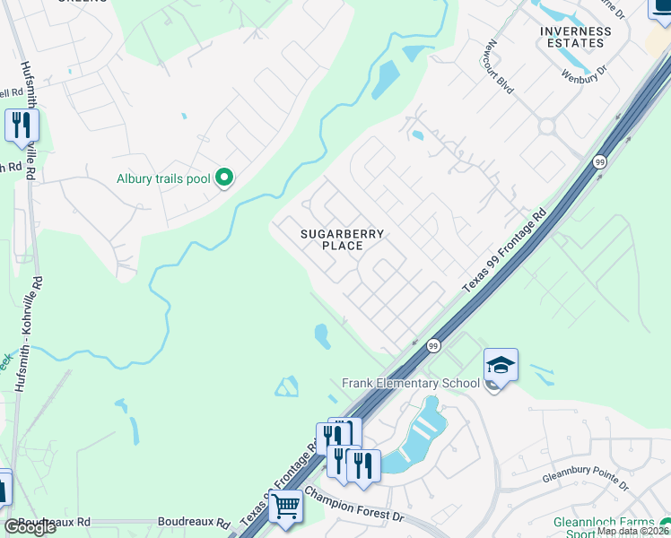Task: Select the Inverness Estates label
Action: click(x=576, y=38)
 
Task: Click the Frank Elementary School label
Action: click(x=411, y=384)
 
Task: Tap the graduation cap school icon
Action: click(x=501, y=365)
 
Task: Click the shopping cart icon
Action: click(x=285, y=507)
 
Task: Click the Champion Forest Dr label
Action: click(x=354, y=504)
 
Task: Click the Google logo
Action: click(x=30, y=527)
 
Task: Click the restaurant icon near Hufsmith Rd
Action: click(x=22, y=126)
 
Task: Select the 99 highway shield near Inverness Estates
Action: click(x=599, y=161)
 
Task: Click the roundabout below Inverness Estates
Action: click(x=546, y=126)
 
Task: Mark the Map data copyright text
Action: click(x=632, y=531)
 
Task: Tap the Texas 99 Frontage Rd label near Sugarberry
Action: click(x=504, y=252)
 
